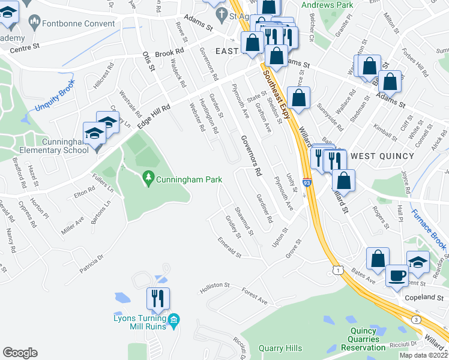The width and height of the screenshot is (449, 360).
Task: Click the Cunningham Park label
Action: pyautogui.click(x=189, y=179)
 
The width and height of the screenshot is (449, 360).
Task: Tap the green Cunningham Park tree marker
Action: pyautogui.click(x=148, y=178)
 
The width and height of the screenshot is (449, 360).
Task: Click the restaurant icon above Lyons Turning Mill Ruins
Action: pyautogui.click(x=158, y=299)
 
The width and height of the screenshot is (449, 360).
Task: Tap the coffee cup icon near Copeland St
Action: pyautogui.click(x=396, y=275)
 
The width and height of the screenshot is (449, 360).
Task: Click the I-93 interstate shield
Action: pyautogui.click(x=307, y=181)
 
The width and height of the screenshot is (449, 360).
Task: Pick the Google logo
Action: pyautogui.click(x=20, y=353)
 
